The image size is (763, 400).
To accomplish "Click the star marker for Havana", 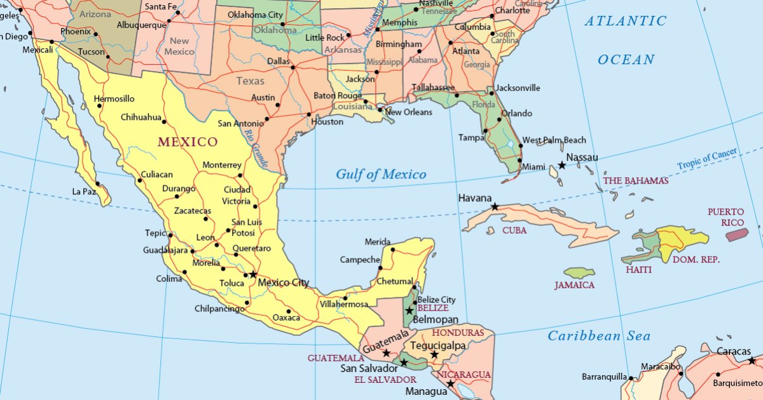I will (x=495, y=206).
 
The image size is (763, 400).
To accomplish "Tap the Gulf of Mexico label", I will (x=381, y=175).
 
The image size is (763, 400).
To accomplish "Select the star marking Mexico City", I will (x=253, y=274).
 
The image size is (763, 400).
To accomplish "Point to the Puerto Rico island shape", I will (x=737, y=234).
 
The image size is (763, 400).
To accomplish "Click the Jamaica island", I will (x=579, y=273).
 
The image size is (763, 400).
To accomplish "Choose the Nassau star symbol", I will (x=562, y=165).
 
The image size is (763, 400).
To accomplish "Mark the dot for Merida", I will (x=393, y=250).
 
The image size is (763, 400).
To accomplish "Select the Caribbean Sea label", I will (x=599, y=336).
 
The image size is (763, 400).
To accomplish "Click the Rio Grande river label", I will (x=256, y=147).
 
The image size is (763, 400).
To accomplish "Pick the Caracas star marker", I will (x=752, y=361).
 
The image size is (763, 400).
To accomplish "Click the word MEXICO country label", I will (x=188, y=142).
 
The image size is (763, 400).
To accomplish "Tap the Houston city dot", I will (x=309, y=115).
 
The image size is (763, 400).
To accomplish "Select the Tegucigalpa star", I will (x=434, y=354).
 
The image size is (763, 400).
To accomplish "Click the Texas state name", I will (x=250, y=81).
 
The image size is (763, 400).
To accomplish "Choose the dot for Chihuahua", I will (x=164, y=122).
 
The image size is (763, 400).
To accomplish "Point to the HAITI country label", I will (x=638, y=270).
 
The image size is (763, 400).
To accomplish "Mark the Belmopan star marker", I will (x=409, y=310).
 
